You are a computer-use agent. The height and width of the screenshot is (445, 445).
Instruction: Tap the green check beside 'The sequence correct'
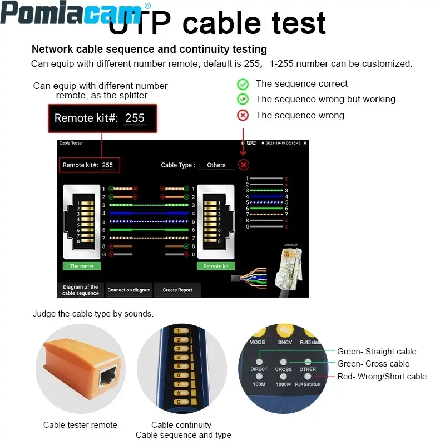point(243,84)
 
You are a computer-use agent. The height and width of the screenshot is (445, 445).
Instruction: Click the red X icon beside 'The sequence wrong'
point(243,116)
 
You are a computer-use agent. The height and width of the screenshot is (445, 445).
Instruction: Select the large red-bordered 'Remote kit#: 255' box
point(102,118)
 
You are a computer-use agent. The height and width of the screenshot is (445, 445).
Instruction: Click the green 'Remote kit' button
point(216,266)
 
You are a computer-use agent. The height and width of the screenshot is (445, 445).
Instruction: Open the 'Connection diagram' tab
point(129,290)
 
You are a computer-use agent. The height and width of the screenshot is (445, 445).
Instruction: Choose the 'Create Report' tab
point(177,290)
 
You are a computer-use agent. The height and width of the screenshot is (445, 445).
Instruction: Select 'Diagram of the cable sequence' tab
point(80,290)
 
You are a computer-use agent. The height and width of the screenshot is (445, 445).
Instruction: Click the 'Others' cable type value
point(216,165)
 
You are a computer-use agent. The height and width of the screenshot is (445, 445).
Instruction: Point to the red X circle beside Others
point(243,165)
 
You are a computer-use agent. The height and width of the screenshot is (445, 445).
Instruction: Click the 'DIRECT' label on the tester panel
point(259,369)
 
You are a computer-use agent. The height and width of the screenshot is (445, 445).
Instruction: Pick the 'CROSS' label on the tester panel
point(283,369)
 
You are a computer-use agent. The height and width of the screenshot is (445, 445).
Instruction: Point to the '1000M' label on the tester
point(283,384)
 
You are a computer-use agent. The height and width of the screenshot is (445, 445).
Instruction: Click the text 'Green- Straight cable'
point(377,352)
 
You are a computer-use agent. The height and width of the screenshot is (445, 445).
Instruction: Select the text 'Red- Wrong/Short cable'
point(382,377)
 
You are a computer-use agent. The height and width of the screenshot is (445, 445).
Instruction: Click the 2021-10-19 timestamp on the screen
point(283,143)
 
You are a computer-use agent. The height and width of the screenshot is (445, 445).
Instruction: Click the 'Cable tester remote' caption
point(80,425)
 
